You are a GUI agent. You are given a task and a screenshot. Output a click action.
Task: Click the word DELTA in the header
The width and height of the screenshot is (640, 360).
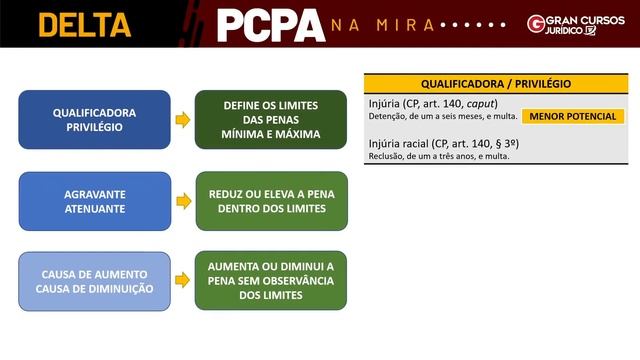pos(85,24)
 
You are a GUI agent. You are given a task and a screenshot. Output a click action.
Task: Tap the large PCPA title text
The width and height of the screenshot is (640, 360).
pos(270,25)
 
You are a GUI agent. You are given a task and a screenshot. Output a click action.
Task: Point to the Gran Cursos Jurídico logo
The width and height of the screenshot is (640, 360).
pos(574,24)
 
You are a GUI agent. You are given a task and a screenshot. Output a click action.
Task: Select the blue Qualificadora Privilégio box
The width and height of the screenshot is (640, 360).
pos(95,120)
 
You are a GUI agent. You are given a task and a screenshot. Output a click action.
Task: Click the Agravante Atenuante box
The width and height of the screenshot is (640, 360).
pos(95,201)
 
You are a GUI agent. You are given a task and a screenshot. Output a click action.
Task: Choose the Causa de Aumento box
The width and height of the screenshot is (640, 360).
pos(95,281)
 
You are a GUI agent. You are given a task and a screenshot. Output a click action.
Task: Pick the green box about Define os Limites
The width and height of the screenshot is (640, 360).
pos(271,120)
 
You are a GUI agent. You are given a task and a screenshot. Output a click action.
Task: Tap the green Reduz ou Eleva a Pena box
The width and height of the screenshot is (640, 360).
pos(271,201)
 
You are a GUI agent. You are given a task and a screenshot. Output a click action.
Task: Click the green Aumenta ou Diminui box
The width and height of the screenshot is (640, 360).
pos(271,281)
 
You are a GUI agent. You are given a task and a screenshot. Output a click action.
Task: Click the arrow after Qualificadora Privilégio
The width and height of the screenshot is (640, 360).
pos(183,120)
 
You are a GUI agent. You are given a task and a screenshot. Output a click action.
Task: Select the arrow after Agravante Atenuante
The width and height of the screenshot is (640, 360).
pos(183,201)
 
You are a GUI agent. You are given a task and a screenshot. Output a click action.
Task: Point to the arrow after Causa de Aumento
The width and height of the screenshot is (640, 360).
pos(183,281)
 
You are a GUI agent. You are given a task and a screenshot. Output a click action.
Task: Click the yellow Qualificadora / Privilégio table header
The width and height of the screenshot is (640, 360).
pos(496,84)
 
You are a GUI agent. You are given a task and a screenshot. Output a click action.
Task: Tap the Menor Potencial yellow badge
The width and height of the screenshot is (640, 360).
pos(573,117)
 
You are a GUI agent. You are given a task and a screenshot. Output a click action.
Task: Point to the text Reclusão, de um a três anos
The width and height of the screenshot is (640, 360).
pos(439,156)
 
